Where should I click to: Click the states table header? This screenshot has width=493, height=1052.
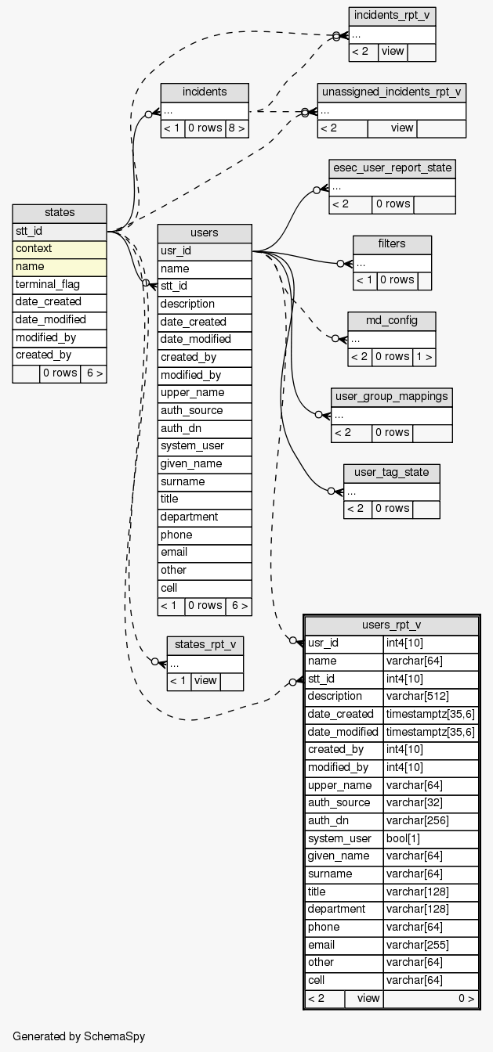[60, 213]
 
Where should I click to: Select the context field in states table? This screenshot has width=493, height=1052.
[60, 249]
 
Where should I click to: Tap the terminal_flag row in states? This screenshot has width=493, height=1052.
[60, 284]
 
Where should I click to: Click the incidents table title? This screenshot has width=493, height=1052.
[205, 92]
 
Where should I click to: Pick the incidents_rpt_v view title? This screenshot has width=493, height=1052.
[392, 16]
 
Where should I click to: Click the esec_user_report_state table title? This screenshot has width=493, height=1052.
[392, 168]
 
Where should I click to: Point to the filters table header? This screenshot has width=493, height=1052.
[392, 244]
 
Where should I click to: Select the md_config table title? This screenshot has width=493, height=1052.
[392, 321]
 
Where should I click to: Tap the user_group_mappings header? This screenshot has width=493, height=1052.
[391, 396]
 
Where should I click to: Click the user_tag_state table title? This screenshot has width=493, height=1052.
[391, 472]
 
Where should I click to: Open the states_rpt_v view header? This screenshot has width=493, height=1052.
[205, 645]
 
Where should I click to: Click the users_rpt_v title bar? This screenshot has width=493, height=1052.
[392, 625]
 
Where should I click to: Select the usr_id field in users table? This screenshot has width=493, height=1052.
[205, 251]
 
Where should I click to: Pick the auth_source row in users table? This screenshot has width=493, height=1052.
[205, 410]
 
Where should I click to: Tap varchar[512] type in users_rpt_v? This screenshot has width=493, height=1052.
[430, 697]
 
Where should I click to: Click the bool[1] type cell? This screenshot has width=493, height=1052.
[430, 838]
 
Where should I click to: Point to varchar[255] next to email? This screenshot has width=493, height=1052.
[430, 945]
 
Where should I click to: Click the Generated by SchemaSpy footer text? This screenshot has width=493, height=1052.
[78, 1036]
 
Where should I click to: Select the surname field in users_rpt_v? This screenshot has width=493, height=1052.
[343, 874]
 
